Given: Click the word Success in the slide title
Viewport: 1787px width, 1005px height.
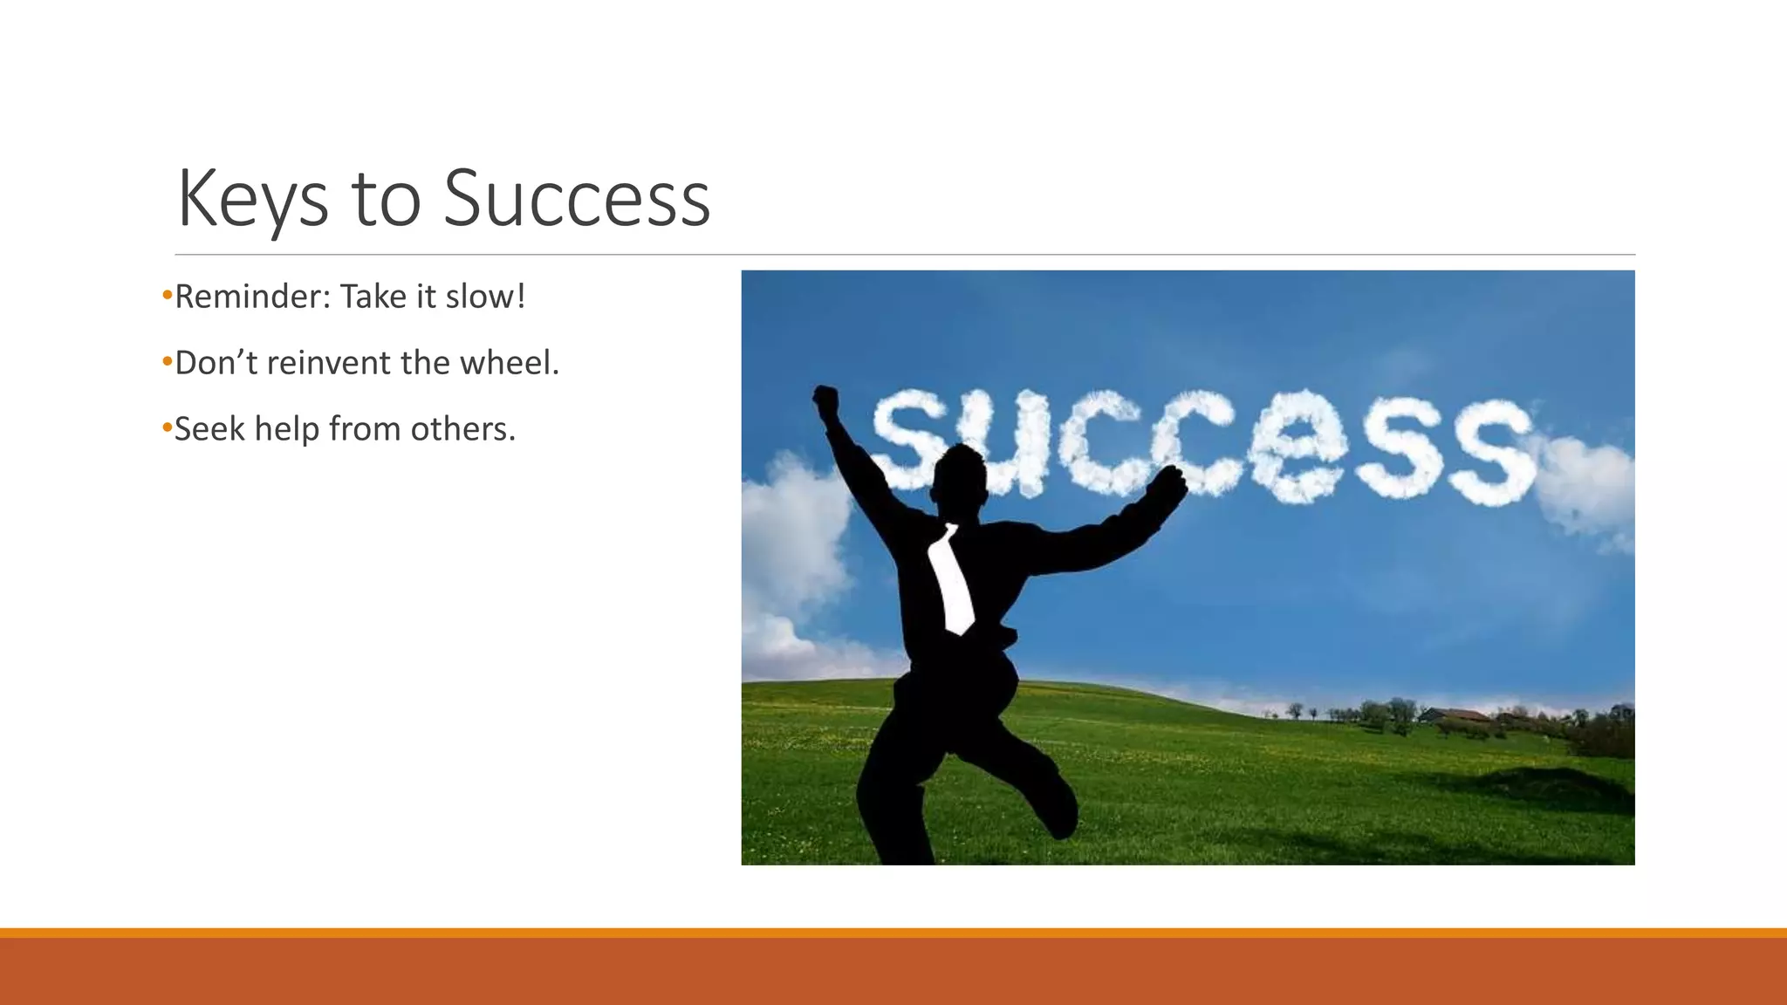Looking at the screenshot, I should (x=577, y=199).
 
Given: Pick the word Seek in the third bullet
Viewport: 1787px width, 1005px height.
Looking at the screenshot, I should (x=209, y=429).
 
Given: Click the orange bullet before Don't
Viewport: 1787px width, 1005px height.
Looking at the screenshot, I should (x=167, y=361).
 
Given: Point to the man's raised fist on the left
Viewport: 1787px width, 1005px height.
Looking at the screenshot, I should (x=825, y=402).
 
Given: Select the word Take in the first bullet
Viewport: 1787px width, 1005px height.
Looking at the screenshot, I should (x=373, y=297).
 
